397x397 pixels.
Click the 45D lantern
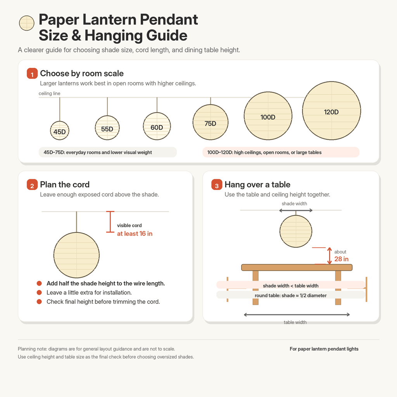tap(59, 131)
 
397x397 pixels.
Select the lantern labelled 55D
tap(107, 128)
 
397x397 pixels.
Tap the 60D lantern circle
tap(157, 126)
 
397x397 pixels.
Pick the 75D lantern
tap(211, 122)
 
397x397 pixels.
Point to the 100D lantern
tap(268, 116)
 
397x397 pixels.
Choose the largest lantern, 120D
tap(331, 110)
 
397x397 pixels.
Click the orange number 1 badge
tap(32, 73)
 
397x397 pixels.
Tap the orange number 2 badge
tap(32, 185)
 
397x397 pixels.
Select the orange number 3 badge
tap(217, 185)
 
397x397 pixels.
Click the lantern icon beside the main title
tap(27, 23)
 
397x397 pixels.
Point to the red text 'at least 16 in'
tap(135, 233)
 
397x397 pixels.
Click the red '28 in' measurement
tap(341, 259)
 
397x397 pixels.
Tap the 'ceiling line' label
tap(49, 93)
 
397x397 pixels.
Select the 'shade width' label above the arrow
tap(294, 204)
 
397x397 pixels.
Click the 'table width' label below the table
tap(295, 322)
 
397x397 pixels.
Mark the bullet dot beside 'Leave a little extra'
tap(39, 292)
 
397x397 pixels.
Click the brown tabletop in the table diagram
tap(297, 268)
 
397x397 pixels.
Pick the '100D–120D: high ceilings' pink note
tap(281, 152)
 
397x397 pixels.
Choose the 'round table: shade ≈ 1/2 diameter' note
tap(291, 295)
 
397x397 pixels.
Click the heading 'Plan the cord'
tap(65, 185)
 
